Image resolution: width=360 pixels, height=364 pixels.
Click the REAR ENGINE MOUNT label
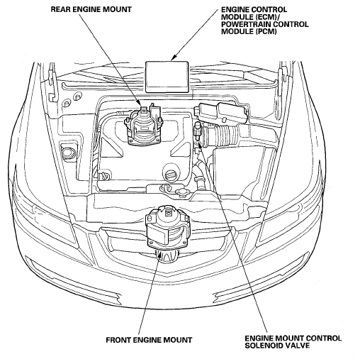tap(91, 9)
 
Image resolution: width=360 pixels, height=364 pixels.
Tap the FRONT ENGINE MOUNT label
tap(149, 340)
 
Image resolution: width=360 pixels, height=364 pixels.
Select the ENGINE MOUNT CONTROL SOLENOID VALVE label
tap(293, 342)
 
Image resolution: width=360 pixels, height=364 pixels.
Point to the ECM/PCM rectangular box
tap(167, 77)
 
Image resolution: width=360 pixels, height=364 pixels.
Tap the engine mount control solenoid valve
tap(197, 133)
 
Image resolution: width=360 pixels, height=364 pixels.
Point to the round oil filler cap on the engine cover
tap(171, 176)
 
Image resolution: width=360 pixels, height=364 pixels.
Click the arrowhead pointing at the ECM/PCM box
tap(174, 57)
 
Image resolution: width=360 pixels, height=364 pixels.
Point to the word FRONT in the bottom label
tap(118, 340)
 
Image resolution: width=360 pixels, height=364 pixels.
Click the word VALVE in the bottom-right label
tap(298, 346)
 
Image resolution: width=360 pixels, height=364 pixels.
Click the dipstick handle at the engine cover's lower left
tap(106, 175)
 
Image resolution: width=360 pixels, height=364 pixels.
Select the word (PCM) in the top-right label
tap(266, 31)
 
